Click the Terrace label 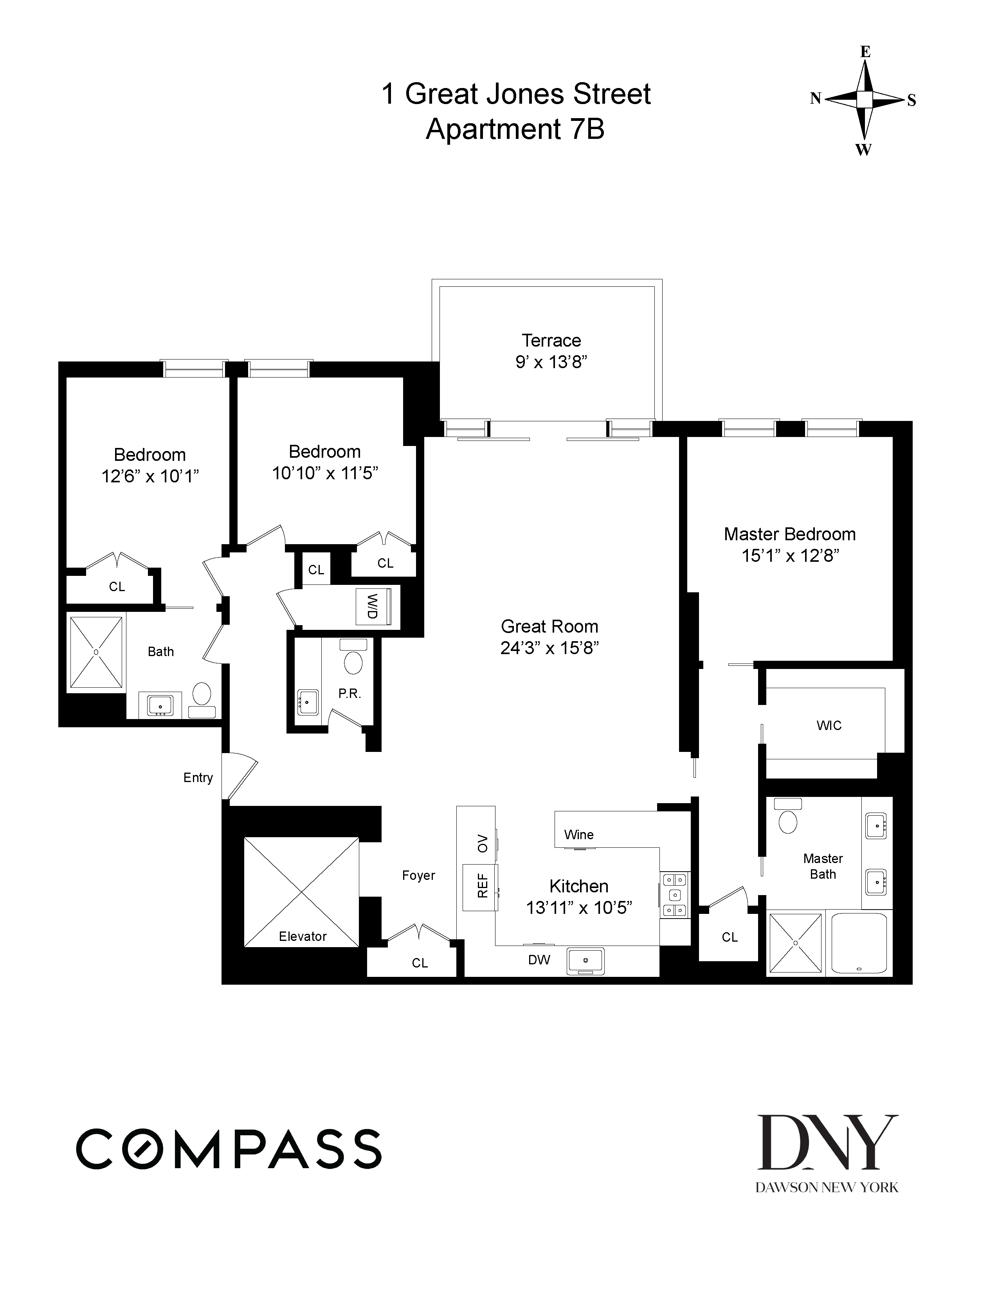click(551, 340)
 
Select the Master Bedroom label click(790, 534)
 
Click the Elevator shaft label click(303, 936)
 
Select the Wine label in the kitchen click(579, 835)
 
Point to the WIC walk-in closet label click(829, 725)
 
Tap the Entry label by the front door click(198, 778)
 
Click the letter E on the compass click(865, 52)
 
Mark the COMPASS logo click(229, 1149)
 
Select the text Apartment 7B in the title click(515, 129)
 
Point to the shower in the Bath click(96, 652)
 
